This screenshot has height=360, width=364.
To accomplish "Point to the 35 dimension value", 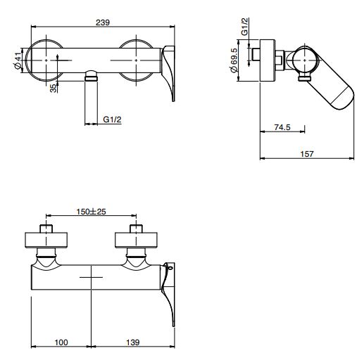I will [54, 89].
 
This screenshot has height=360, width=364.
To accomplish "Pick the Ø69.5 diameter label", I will [244, 62].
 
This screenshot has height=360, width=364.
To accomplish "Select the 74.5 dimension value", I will [282, 127].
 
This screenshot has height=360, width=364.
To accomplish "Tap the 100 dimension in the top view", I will [61, 342].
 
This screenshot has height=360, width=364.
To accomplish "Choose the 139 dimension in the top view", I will [132, 342].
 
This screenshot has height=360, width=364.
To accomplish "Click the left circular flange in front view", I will [46, 60].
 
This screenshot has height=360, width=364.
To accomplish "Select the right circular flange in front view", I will [137, 60].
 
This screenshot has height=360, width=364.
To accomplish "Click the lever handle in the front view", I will [171, 70].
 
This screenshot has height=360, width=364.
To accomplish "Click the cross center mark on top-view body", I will [92, 279].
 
